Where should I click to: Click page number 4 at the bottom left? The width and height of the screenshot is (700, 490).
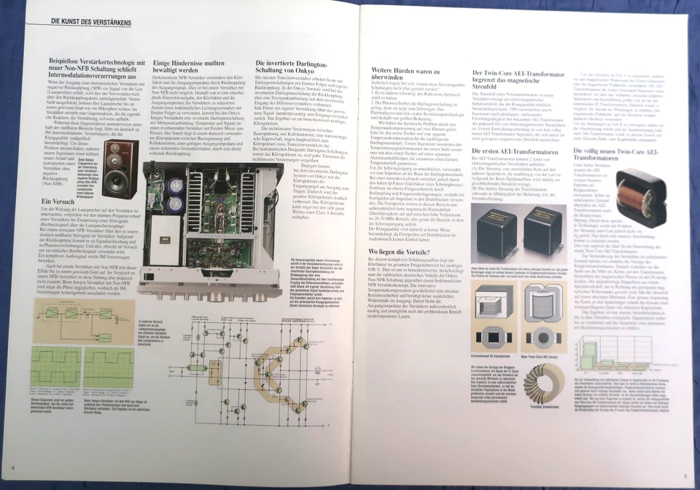coord(13,468)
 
